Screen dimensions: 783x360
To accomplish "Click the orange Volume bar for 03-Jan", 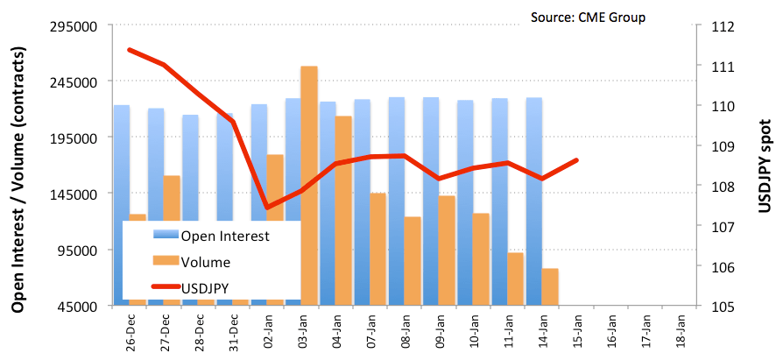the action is [309, 185].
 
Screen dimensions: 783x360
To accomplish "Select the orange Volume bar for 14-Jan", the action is [550, 286].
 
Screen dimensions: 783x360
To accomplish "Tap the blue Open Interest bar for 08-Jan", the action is [397, 201].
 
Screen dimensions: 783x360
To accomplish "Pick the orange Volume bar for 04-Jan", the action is [343, 210].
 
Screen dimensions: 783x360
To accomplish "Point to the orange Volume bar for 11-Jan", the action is [515, 279].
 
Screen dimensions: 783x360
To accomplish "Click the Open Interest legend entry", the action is [211, 236].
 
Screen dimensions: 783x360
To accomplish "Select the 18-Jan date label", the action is [680, 333].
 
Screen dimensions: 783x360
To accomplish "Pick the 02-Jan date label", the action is [269, 333].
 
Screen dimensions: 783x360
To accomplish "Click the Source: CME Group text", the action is [589, 18].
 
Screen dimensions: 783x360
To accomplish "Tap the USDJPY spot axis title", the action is [765, 166].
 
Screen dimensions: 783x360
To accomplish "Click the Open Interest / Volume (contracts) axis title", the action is [19, 180].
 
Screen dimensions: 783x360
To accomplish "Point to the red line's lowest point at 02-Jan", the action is [267, 208].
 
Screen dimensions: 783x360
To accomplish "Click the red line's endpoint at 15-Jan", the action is [577, 160].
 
